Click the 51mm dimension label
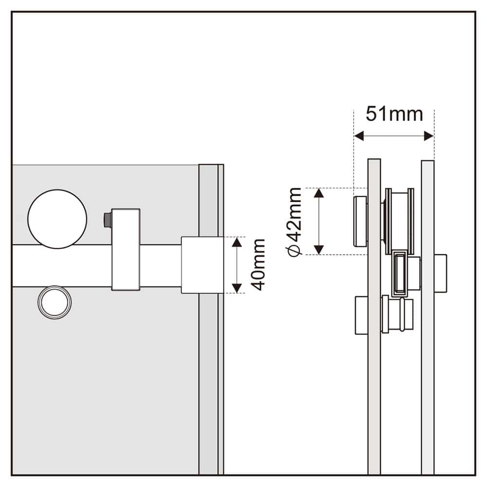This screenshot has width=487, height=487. [394, 114]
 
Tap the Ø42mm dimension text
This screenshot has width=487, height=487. [295, 221]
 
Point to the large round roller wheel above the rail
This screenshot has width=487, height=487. [57, 218]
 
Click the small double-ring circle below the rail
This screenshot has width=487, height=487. [55, 302]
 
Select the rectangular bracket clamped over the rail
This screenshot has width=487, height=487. [126, 249]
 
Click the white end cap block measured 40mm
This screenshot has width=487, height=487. [203, 265]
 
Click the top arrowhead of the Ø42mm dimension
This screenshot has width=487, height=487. [319, 193]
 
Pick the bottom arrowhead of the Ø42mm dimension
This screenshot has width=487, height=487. [319, 249]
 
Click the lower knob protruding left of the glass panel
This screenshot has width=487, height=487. [361, 315]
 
